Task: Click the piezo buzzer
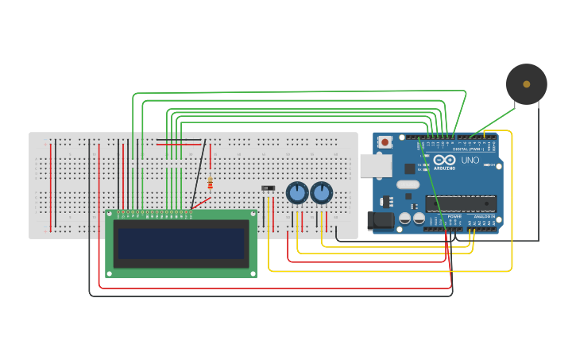(x=526, y=84)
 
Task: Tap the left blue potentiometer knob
(x=297, y=193)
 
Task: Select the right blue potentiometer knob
(x=322, y=193)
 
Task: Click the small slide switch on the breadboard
(x=269, y=188)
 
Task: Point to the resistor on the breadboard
(x=210, y=184)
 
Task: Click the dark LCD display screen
(x=181, y=243)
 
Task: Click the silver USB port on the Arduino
(x=375, y=165)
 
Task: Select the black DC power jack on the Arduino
(x=381, y=221)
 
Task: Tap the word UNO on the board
(x=470, y=160)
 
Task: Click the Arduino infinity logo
(x=445, y=160)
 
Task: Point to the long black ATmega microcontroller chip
(x=461, y=203)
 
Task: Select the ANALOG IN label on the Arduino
(x=483, y=216)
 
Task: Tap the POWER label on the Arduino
(x=454, y=216)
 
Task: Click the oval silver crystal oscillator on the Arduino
(x=408, y=184)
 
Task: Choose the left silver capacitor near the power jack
(x=405, y=218)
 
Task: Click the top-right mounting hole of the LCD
(x=253, y=214)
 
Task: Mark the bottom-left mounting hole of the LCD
(x=109, y=274)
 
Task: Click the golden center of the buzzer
(x=526, y=83)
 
